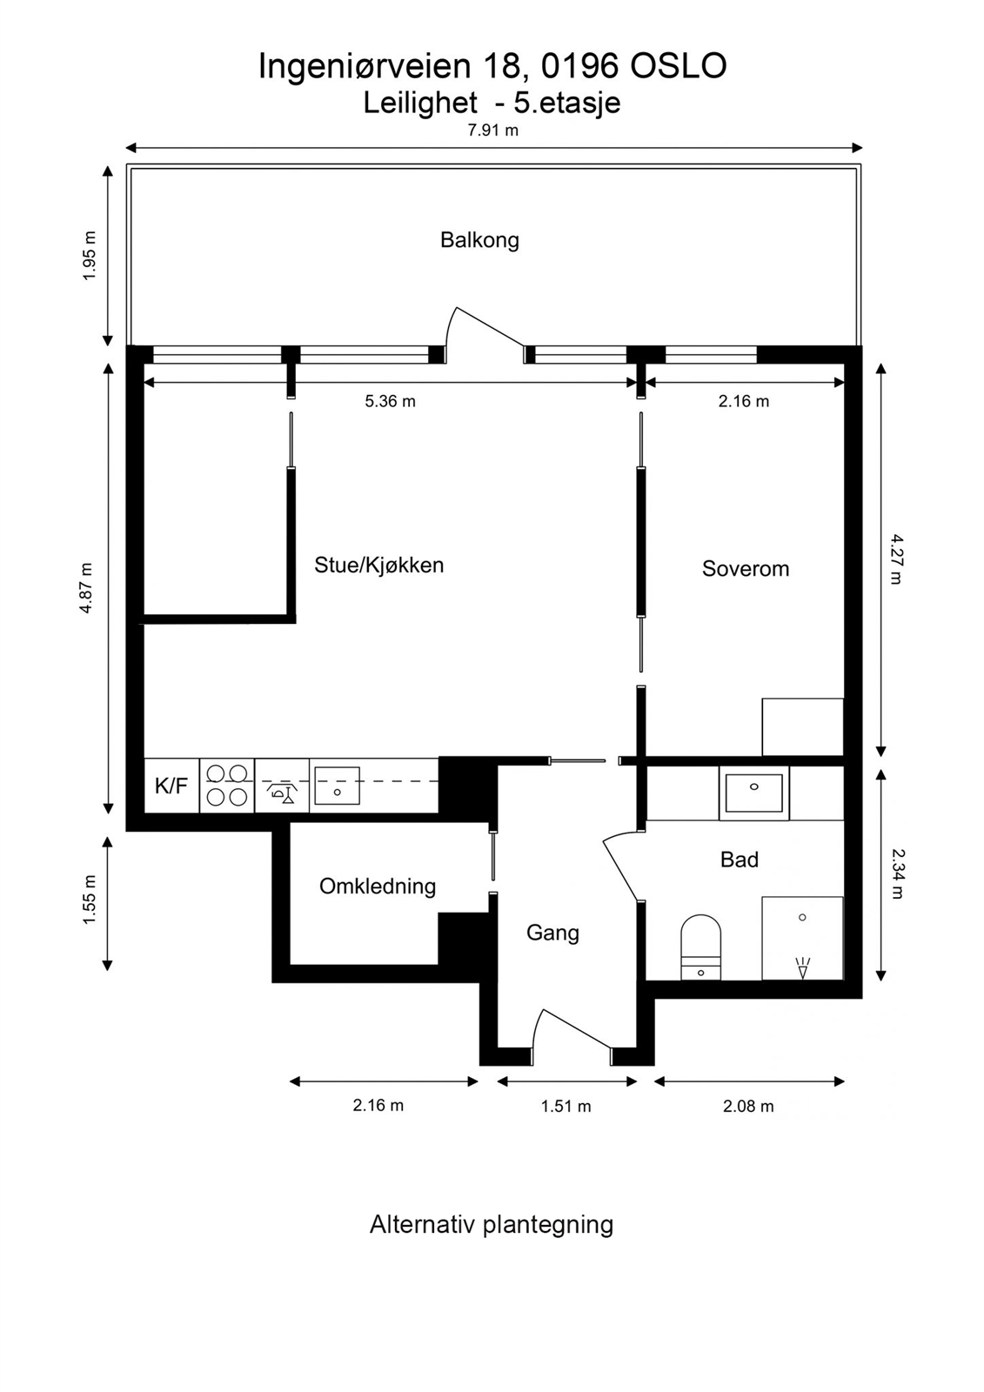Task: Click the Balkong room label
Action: pyautogui.click(x=479, y=240)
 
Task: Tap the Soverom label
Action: pyautogui.click(x=746, y=569)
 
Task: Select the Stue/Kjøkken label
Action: pyautogui.click(x=379, y=565)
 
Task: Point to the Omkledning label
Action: pyautogui.click(x=378, y=887)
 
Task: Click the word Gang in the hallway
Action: pyautogui.click(x=552, y=933)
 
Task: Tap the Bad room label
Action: pyautogui.click(x=740, y=860)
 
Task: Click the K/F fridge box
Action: pyautogui.click(x=171, y=786)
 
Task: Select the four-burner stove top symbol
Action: pyautogui.click(x=227, y=786)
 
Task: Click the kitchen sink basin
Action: pyautogui.click(x=337, y=786)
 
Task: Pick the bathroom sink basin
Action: pyautogui.click(x=754, y=793)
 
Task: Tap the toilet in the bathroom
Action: pyautogui.click(x=700, y=947)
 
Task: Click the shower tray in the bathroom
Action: pyautogui.click(x=802, y=938)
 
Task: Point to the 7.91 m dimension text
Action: pyautogui.click(x=493, y=130)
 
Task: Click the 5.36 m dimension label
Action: pyautogui.click(x=390, y=401)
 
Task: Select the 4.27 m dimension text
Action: pyautogui.click(x=896, y=559)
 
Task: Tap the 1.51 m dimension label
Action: pyautogui.click(x=566, y=1106)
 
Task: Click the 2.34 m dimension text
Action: pyautogui.click(x=896, y=873)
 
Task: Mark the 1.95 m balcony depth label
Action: pyautogui.click(x=90, y=256)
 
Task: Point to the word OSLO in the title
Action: pyautogui.click(x=679, y=66)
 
